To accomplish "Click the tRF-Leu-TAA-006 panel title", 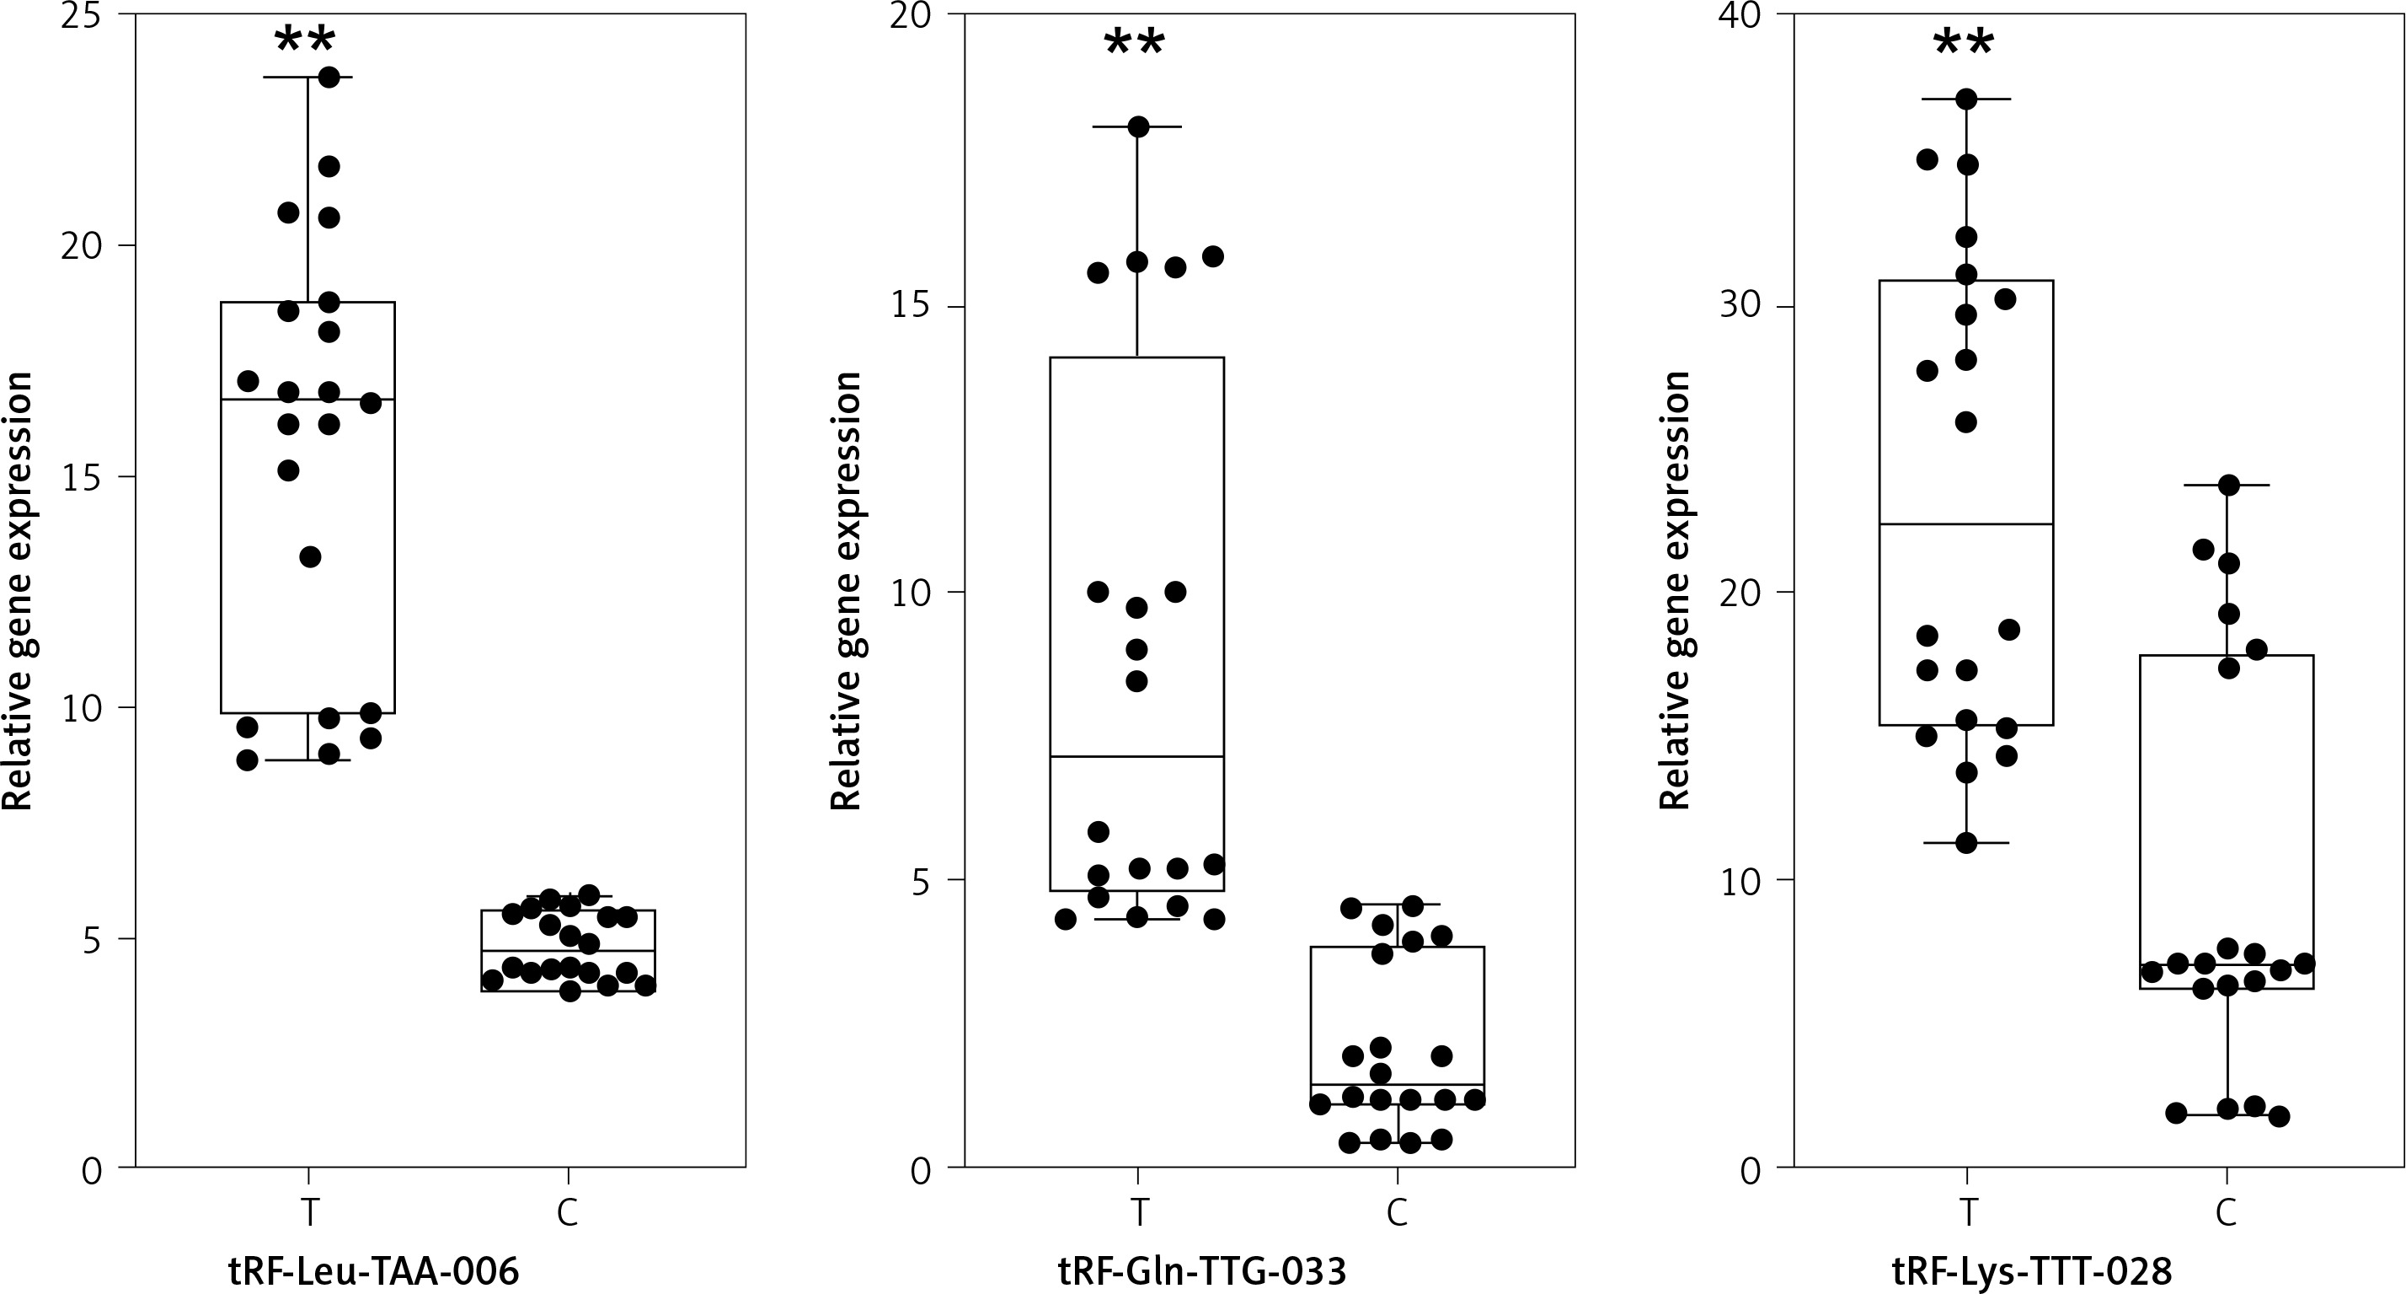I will [x=373, y=1271].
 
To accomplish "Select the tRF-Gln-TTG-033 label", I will [x=1202, y=1271].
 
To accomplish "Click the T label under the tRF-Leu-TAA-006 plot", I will [x=307, y=1213].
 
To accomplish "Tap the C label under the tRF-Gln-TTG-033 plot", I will [x=1398, y=1213].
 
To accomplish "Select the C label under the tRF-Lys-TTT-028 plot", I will [x=2227, y=1213].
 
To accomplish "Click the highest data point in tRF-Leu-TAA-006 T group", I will [x=329, y=78].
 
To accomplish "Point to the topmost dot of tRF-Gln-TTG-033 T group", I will [x=1137, y=127].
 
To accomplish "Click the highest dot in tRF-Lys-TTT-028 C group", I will [x=2228, y=485].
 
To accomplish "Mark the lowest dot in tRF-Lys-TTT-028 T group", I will [x=1966, y=843].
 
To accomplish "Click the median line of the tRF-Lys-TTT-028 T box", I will [x=1966, y=524].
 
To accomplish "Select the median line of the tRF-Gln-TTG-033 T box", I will [x=1136, y=756].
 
